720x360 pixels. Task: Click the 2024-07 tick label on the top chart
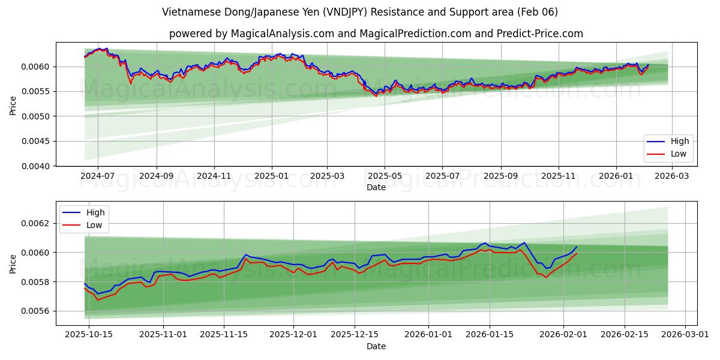point(97,176)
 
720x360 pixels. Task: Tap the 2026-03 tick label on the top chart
point(671,176)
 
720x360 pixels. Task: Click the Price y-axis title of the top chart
point(13,106)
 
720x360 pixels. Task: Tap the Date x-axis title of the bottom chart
point(376,346)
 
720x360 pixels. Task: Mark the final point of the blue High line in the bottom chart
point(577,247)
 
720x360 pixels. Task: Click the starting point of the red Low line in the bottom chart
point(85,288)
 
